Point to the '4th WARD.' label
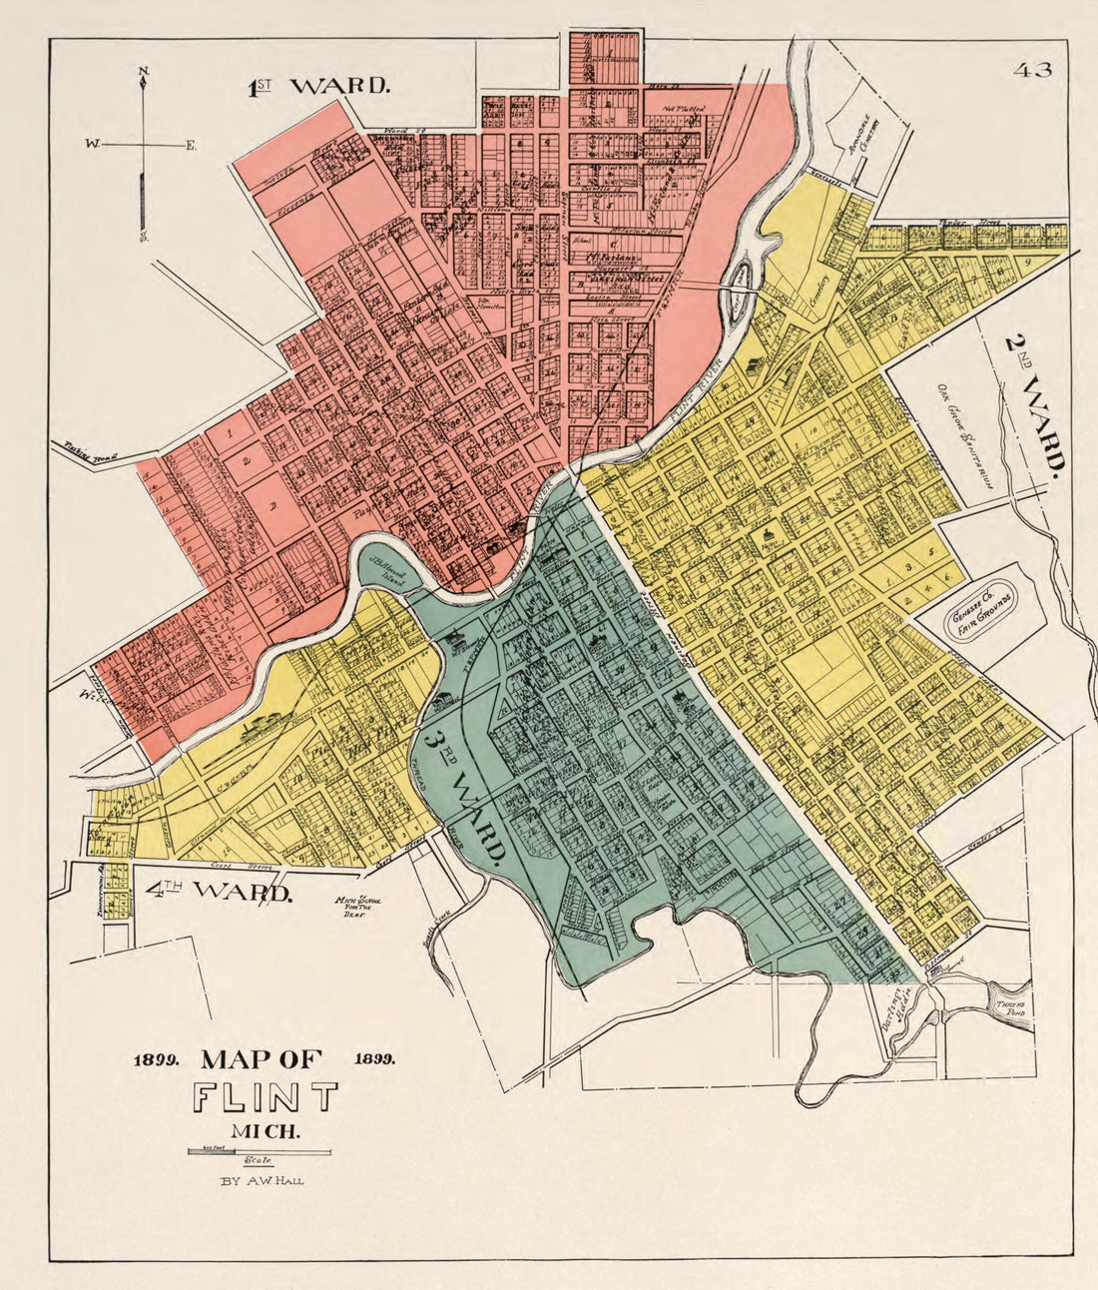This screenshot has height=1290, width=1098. pyautogui.click(x=219, y=891)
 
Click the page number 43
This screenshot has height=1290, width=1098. pyautogui.click(x=1032, y=70)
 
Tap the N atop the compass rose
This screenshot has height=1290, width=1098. pyautogui.click(x=144, y=70)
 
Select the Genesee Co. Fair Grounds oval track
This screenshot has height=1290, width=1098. pyautogui.click(x=979, y=610)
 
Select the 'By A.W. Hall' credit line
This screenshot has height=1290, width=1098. pyautogui.click(x=264, y=1180)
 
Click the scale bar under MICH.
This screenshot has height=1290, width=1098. pyautogui.click(x=260, y=1151)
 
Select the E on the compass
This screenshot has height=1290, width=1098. pyautogui.click(x=191, y=146)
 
